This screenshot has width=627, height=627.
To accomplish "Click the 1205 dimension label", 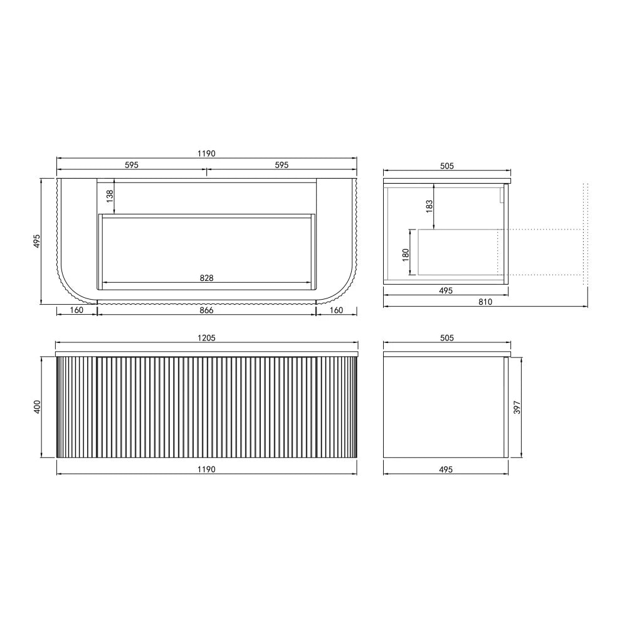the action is click(x=206, y=338).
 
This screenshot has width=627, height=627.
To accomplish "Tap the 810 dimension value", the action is click(x=485, y=302).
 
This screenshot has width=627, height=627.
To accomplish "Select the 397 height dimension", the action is click(x=517, y=407).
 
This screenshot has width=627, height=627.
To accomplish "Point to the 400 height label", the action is click(x=37, y=407).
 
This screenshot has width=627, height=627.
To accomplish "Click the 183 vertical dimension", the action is click(x=429, y=206).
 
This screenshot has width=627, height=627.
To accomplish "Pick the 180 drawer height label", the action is click(x=406, y=255).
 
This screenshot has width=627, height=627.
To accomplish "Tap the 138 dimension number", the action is click(x=110, y=196).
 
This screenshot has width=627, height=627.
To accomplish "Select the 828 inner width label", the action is click(x=206, y=278).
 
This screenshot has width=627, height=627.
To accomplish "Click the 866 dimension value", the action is click(x=206, y=310).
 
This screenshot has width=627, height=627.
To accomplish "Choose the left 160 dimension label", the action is click(x=76, y=310).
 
